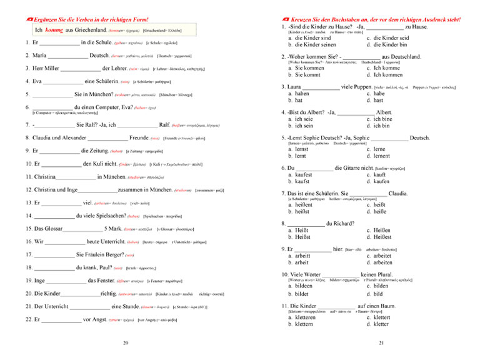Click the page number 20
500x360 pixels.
tap(125, 342)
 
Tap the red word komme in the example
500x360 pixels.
tap(55, 29)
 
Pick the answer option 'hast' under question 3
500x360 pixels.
tap(379, 100)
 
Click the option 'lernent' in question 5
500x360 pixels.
tap(382, 156)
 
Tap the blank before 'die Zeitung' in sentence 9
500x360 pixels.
tap(59, 151)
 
